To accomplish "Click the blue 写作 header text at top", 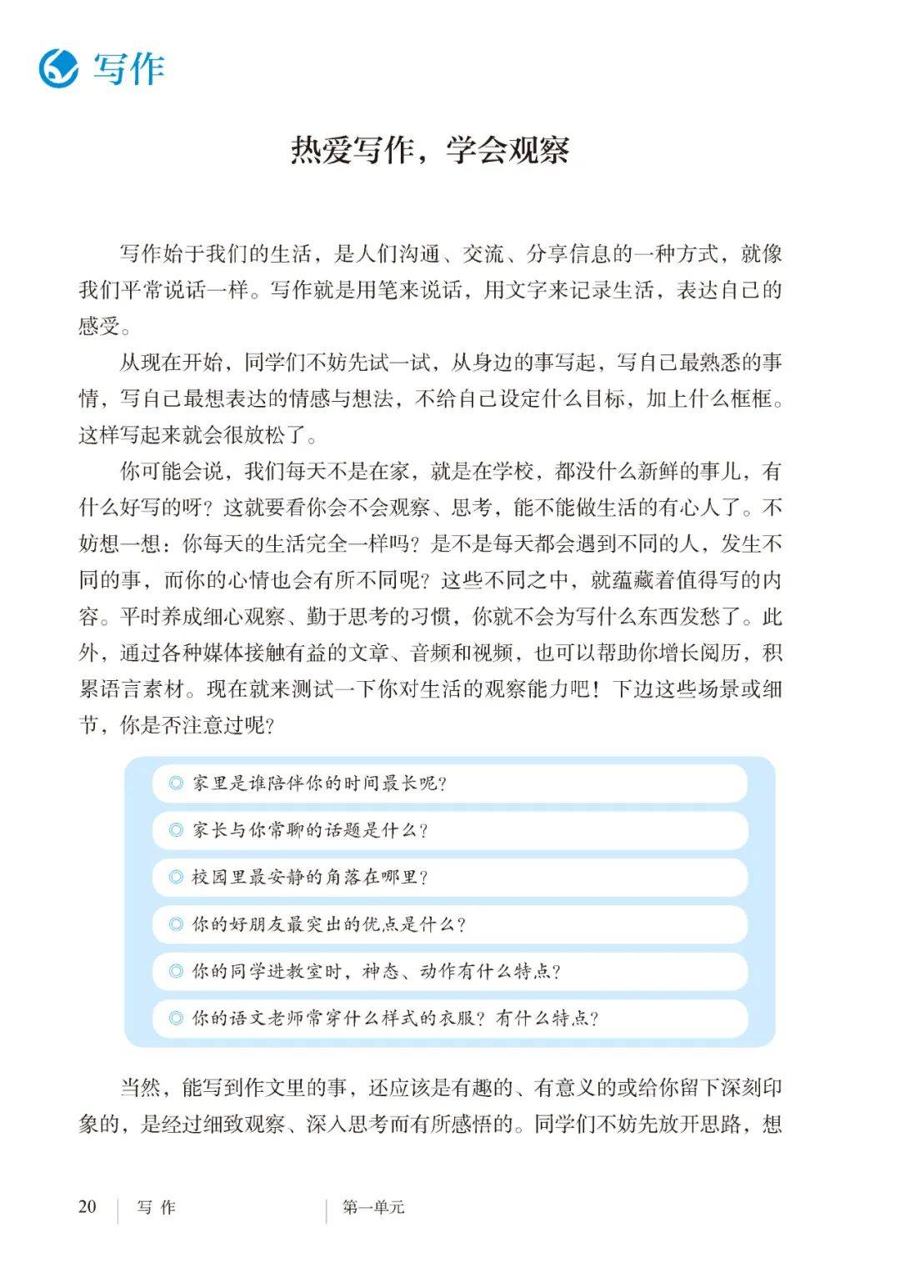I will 129,69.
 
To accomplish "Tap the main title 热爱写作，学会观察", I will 430,150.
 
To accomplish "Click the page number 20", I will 87,1206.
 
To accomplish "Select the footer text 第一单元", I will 372,1207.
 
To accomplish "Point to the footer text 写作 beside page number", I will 157,1207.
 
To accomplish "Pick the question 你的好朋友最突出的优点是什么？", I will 329,924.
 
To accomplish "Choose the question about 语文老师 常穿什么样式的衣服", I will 395,1018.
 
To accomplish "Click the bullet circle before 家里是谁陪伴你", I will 176,784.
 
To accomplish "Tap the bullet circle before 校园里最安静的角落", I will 176,877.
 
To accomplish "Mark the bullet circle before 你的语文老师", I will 176,1018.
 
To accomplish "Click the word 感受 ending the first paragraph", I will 99,326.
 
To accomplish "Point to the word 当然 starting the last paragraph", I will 140,1088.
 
